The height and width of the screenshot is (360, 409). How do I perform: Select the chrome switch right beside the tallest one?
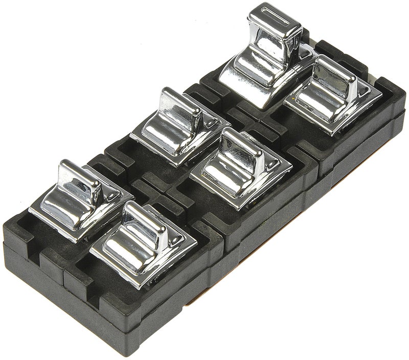pos(332,92)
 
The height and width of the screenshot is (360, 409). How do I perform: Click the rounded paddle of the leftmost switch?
pos(66,197)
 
